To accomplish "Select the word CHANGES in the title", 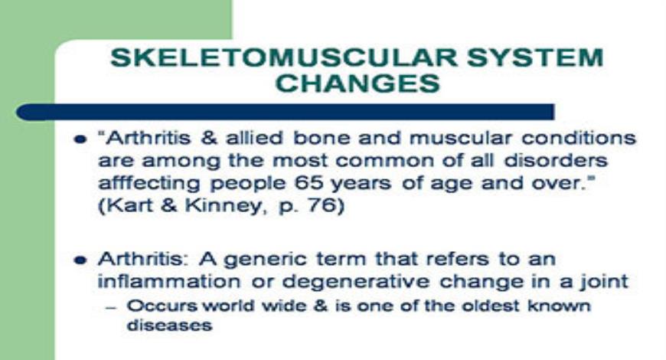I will (x=357, y=82).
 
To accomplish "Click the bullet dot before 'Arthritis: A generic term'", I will (x=80, y=260).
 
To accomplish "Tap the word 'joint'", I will (x=605, y=281).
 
